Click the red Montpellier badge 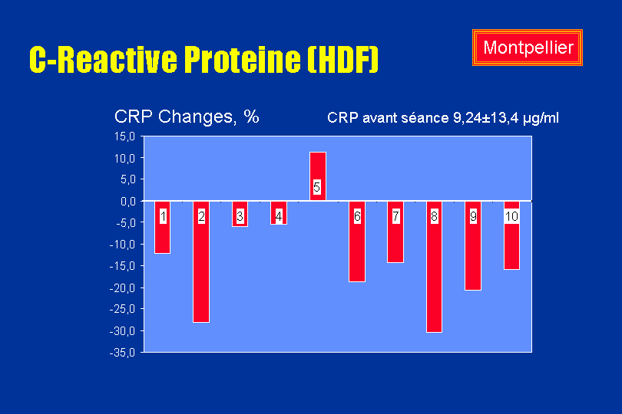[x=528, y=48]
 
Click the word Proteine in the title [x=243, y=59]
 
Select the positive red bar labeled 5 [x=318, y=176]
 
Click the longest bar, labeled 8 [x=434, y=267]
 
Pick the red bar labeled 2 [x=201, y=262]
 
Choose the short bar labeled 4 [x=279, y=212]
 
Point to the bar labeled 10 [x=511, y=235]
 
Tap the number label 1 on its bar [x=163, y=216]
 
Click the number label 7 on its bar [x=395, y=216]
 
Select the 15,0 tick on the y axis [x=125, y=136]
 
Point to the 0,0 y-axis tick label [x=127, y=202]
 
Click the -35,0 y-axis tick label [x=122, y=353]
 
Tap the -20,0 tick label [x=122, y=288]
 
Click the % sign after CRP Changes [x=252, y=117]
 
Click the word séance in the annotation [x=425, y=117]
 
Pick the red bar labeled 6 [x=357, y=242]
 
